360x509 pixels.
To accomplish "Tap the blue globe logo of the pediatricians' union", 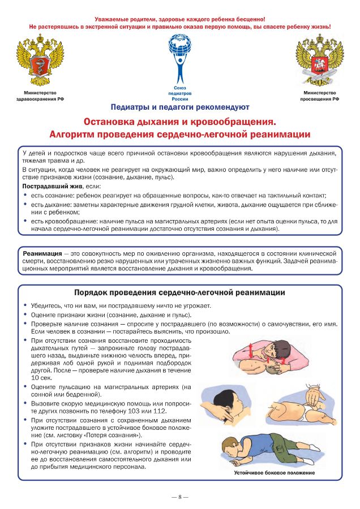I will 181,54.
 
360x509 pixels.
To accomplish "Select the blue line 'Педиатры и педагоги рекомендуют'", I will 180,106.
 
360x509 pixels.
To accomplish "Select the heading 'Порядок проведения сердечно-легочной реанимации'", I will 180,292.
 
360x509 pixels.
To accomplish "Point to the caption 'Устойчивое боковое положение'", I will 273,472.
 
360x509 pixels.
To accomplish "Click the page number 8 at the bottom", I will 180,497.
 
